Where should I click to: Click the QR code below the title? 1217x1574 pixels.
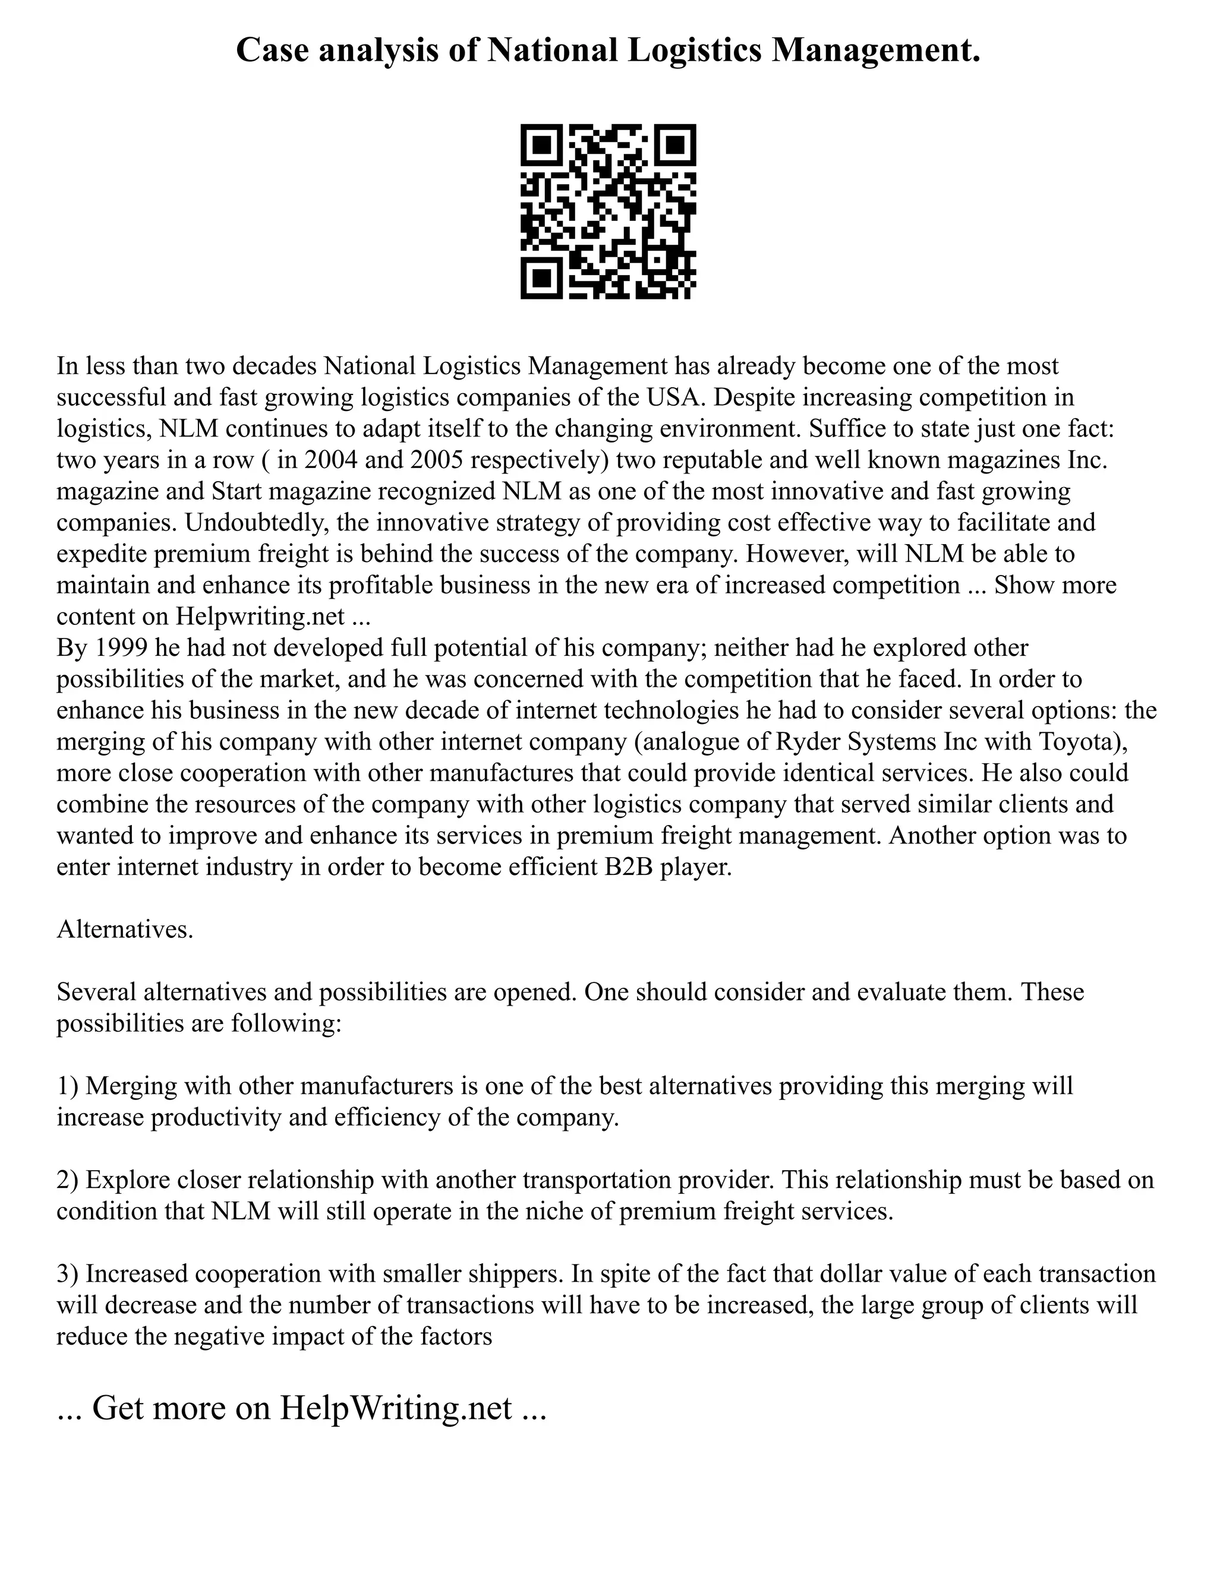(x=608, y=211)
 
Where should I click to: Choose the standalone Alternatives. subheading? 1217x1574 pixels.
(x=125, y=930)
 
